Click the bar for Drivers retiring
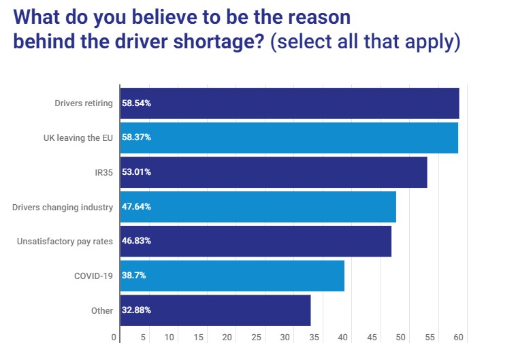coord(289,103)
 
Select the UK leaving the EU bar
coord(289,137)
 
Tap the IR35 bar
coord(273,172)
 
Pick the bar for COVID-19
coord(231,276)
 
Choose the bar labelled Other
coord(215,310)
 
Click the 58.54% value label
coord(136,103)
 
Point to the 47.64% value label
coord(136,207)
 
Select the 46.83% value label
coord(136,241)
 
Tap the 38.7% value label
coord(134,276)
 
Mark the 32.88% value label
coord(136,310)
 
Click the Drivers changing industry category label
coord(62,207)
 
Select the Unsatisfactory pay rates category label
coord(65,241)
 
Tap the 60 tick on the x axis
coord(458,337)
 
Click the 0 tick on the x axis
coord(114,337)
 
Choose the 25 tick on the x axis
coord(256,337)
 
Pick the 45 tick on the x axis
coord(372,337)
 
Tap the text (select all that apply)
coord(365,42)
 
